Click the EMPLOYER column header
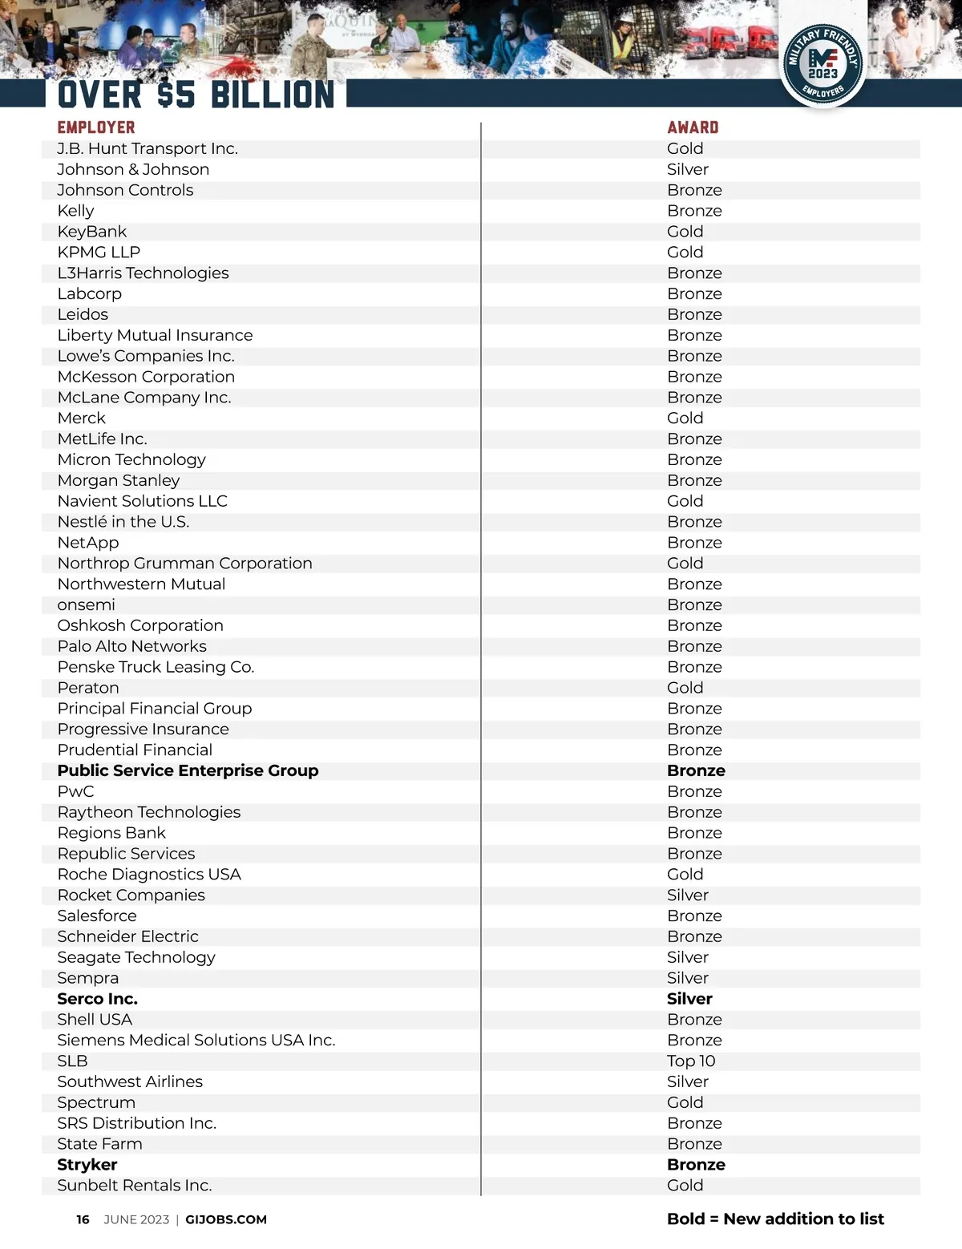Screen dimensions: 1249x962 click(x=96, y=127)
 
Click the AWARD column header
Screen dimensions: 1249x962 click(x=693, y=127)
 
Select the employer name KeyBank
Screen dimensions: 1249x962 click(x=92, y=232)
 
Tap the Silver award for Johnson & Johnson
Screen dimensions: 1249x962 click(x=688, y=169)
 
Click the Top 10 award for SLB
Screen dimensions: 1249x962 click(x=691, y=1061)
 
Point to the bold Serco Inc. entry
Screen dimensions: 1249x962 click(x=98, y=999)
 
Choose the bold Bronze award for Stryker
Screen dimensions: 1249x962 click(x=696, y=1165)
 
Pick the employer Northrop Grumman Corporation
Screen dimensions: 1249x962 click(x=185, y=564)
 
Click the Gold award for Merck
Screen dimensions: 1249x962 click(x=685, y=418)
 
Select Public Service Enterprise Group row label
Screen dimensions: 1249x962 click(x=188, y=770)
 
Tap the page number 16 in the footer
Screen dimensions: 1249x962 click(x=83, y=1219)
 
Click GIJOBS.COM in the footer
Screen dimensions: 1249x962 click(x=226, y=1219)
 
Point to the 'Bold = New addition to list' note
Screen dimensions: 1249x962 click(x=775, y=1219)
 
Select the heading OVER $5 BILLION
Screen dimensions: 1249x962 click(x=196, y=95)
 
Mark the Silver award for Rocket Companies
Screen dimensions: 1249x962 click(x=688, y=895)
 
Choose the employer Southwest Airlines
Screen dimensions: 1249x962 click(x=130, y=1081)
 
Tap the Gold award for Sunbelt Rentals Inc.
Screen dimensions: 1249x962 click(x=685, y=1186)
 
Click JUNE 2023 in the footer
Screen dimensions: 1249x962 click(x=136, y=1219)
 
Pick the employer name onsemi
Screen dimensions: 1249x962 click(x=87, y=605)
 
